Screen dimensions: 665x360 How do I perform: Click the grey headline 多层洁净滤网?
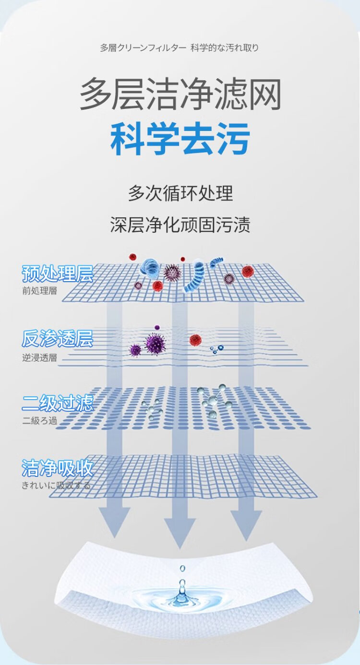click(x=180, y=95)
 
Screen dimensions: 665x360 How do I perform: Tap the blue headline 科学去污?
click(x=180, y=139)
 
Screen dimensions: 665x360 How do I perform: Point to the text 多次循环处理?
click(x=180, y=193)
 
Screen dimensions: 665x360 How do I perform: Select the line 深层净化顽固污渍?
click(x=180, y=225)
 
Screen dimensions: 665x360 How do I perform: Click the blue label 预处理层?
click(x=57, y=274)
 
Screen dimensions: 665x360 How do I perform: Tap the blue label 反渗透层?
click(x=57, y=339)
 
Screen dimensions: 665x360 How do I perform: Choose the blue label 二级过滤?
click(x=57, y=403)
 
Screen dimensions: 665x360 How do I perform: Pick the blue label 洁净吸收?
click(x=57, y=468)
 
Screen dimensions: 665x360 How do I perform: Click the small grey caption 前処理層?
click(x=39, y=291)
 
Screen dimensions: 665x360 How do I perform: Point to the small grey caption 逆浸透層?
click(x=39, y=357)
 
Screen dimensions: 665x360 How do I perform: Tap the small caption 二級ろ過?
click(x=39, y=421)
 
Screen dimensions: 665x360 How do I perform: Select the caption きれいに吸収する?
click(x=56, y=486)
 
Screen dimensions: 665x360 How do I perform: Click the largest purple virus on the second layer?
click(x=155, y=344)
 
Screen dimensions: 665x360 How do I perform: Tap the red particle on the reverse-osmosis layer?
click(x=195, y=340)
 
